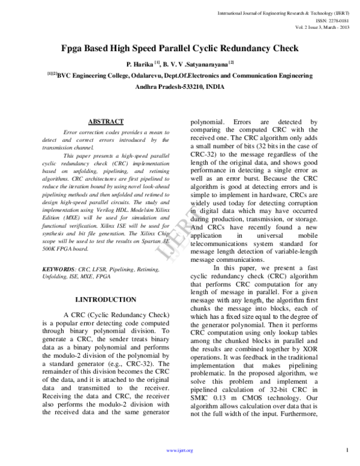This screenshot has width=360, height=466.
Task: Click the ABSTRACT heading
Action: point(106,121)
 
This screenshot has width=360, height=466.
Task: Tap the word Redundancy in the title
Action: point(235,46)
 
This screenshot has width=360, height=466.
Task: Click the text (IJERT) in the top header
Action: point(340,12)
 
